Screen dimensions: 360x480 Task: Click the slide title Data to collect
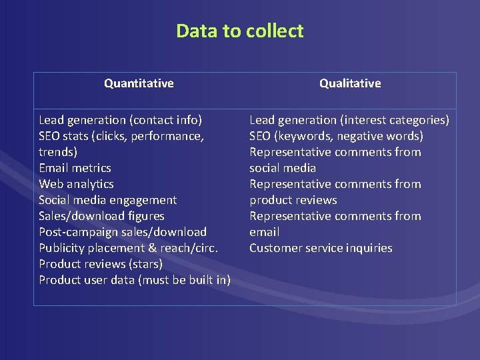tap(239, 31)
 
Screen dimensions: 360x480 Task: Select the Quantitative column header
tap(139, 83)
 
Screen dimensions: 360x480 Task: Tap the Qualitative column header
tap(350, 83)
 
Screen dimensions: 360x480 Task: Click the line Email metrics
tap(75, 168)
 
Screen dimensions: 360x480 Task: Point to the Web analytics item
tap(76, 184)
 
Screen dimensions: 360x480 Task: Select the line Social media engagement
tap(107, 200)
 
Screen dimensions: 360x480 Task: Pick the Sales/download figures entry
tap(101, 216)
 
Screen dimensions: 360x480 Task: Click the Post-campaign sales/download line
tap(123, 232)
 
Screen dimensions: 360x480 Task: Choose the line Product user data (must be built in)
tap(135, 280)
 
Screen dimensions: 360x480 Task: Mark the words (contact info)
tap(166, 120)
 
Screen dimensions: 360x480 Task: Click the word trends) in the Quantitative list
tap(58, 152)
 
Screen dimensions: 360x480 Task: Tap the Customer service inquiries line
tap(321, 248)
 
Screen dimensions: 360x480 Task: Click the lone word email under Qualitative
tap(265, 232)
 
